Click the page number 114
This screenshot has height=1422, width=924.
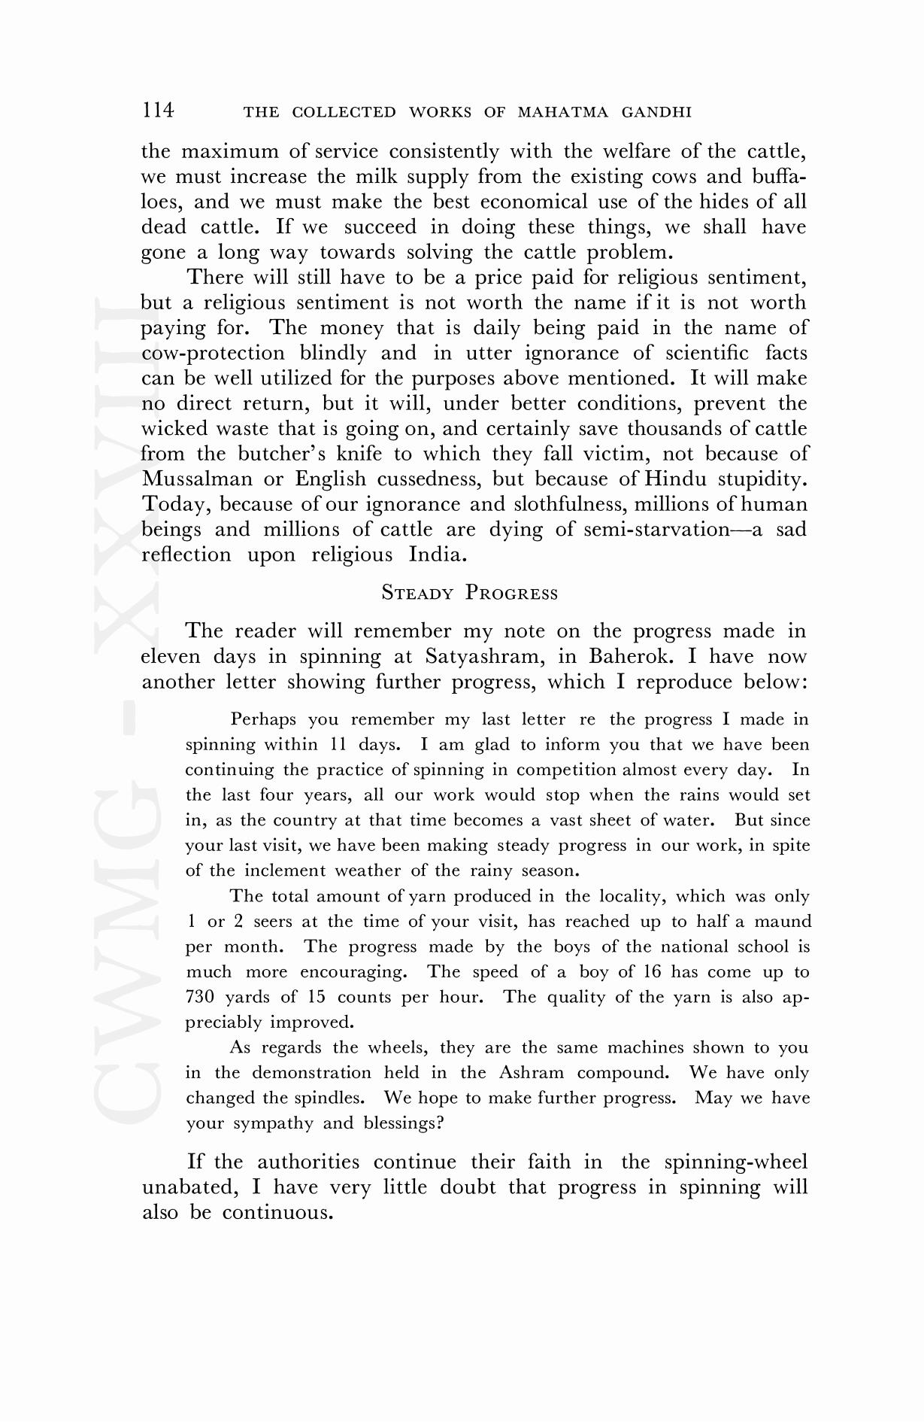pyautogui.click(x=158, y=111)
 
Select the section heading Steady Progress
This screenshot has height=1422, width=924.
pyautogui.click(x=470, y=593)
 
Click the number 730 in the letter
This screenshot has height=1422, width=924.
pyautogui.click(x=201, y=997)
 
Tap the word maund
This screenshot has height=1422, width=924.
pyautogui.click(x=783, y=922)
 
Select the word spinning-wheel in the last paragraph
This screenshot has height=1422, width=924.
pyautogui.click(x=736, y=1162)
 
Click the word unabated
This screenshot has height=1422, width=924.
pyautogui.click(x=188, y=1187)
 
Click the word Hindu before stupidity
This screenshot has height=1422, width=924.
pyautogui.click(x=674, y=479)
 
